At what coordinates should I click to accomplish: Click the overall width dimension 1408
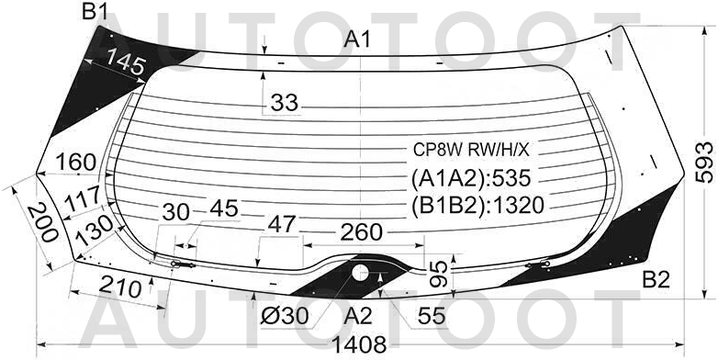coord(359,344)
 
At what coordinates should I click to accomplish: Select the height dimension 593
coord(705,163)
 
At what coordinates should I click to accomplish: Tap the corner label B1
coord(95,12)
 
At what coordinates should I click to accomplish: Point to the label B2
coord(656,280)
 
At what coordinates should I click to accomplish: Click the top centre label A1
coord(357,39)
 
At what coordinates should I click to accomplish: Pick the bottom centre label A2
coord(359,316)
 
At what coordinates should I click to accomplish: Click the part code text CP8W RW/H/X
coord(471,150)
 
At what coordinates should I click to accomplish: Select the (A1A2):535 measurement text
coord(471,178)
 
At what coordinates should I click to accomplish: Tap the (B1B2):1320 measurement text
coord(477,205)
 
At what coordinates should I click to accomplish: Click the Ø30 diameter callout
coord(285,316)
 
